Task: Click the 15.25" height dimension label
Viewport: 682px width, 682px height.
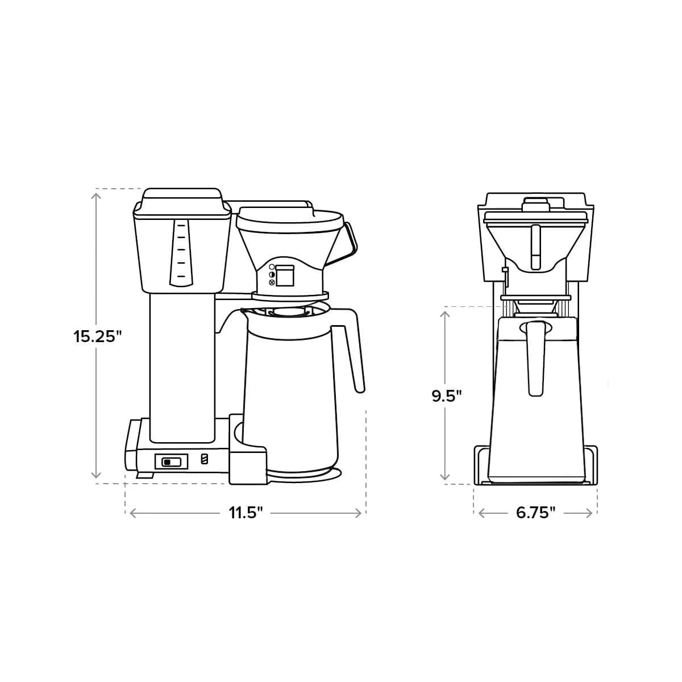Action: pyautogui.click(x=98, y=336)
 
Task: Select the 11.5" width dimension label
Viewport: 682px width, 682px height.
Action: pyautogui.click(x=246, y=513)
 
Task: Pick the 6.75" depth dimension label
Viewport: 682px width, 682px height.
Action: pyautogui.click(x=535, y=513)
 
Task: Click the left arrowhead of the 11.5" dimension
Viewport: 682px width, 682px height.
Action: pyautogui.click(x=132, y=513)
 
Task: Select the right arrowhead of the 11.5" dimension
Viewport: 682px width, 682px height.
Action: pyautogui.click(x=359, y=513)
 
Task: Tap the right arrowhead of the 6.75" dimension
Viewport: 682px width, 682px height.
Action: pyautogui.click(x=590, y=513)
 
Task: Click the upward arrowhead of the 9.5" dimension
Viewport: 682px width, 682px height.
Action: pyautogui.click(x=446, y=313)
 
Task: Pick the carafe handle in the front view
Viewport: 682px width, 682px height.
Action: pyautogui.click(x=536, y=358)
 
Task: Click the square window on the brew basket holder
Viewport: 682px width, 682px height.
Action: pyautogui.click(x=285, y=276)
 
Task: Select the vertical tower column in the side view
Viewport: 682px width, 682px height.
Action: pyautogui.click(x=182, y=367)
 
